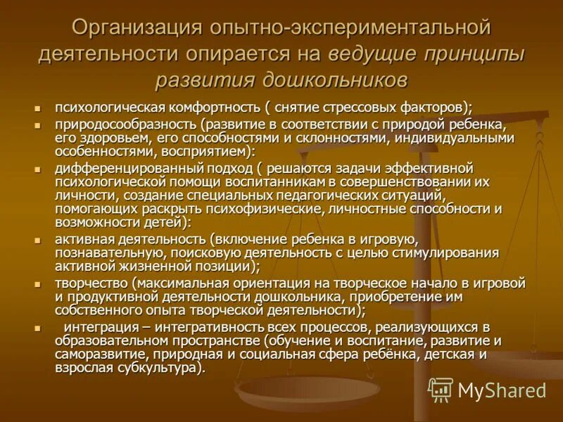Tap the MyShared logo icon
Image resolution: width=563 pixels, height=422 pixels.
441,390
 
